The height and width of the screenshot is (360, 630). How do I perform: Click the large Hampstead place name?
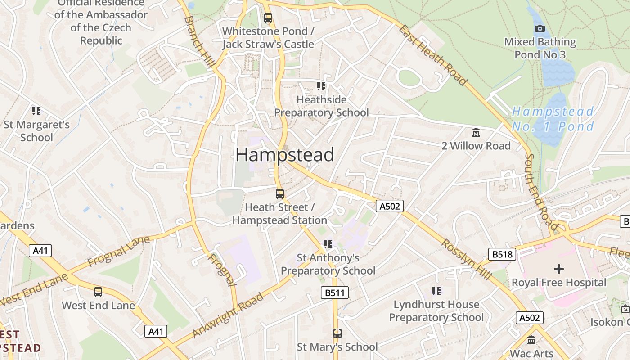pyautogui.click(x=284, y=155)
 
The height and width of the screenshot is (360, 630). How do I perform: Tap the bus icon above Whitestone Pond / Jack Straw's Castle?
pyautogui.click(x=268, y=18)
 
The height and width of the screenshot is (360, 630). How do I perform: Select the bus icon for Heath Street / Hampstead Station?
pyautogui.click(x=280, y=194)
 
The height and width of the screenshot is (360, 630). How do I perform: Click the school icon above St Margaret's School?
pyautogui.click(x=36, y=111)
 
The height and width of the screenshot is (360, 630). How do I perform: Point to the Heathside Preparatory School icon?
pyautogui.click(x=321, y=86)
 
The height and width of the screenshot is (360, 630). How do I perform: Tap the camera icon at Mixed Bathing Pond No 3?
pyautogui.click(x=540, y=29)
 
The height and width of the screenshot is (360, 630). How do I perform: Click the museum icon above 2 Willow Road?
pyautogui.click(x=476, y=132)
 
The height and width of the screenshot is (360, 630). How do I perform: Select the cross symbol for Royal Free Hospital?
pyautogui.click(x=559, y=269)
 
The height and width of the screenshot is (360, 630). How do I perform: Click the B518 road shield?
pyautogui.click(x=502, y=254)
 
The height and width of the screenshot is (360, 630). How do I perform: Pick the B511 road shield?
pyautogui.click(x=335, y=293)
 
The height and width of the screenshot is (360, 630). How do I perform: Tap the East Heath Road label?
pyautogui.click(x=433, y=55)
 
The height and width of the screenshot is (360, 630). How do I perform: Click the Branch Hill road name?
pyautogui.click(x=198, y=43)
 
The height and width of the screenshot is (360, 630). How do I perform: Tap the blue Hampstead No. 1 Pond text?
pyautogui.click(x=553, y=119)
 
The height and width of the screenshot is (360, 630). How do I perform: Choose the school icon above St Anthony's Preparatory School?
pyautogui.click(x=328, y=244)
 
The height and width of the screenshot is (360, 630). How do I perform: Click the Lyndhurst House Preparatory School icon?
pyautogui.click(x=436, y=291)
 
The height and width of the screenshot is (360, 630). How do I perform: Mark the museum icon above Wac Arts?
pyautogui.click(x=531, y=340)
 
